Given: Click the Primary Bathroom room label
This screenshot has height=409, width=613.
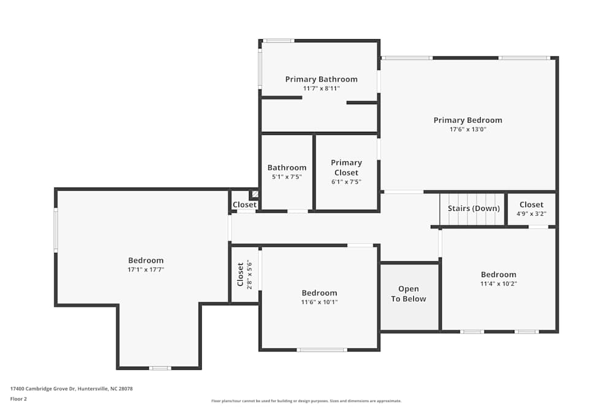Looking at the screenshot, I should [321, 79].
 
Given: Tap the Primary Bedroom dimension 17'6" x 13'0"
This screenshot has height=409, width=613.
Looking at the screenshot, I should [468, 129].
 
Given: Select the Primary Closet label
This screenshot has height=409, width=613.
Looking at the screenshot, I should [346, 167].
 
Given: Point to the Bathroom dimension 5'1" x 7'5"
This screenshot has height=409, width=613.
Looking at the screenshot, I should [287, 177].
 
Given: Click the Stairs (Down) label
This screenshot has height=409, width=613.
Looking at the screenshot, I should [474, 208].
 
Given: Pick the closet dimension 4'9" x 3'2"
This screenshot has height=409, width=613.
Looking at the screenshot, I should [531, 214].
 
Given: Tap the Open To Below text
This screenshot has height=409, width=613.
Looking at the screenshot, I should [408, 294].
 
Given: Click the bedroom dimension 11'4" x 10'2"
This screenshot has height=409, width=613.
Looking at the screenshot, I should [498, 284].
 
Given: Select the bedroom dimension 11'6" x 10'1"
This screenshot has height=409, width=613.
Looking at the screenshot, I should [319, 302].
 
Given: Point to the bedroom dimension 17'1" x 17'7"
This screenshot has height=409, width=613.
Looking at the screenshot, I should [146, 270].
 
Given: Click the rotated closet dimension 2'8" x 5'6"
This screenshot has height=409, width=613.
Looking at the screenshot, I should [249, 274].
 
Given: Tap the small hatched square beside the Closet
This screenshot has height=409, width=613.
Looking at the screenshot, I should [254, 194].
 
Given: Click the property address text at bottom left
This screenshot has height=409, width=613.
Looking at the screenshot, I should [72, 389].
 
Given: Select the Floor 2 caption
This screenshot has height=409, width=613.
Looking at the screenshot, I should [18, 399].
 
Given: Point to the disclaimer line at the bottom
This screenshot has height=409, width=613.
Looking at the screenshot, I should [306, 401].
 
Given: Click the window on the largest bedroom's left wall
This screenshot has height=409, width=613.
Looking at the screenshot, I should [56, 230].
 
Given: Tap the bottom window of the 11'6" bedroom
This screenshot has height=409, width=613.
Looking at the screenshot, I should [322, 350].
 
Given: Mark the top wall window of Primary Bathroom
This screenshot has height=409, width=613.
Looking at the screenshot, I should [278, 41].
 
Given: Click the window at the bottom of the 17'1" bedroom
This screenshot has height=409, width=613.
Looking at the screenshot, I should [160, 368].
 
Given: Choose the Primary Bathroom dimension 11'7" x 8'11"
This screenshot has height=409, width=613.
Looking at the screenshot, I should [321, 88].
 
